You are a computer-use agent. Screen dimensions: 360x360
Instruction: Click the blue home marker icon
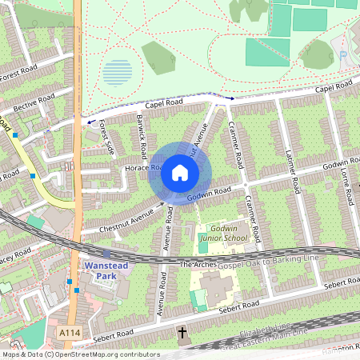tap(180, 173)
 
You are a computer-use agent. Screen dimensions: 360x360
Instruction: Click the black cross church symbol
tap(182, 331)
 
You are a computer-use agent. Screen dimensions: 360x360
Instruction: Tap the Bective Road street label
tap(33, 102)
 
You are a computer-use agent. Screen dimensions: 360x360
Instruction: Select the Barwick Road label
tap(142, 136)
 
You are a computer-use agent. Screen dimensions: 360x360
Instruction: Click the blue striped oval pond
tap(118, 73)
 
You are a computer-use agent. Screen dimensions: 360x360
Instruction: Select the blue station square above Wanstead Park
tap(107, 253)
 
